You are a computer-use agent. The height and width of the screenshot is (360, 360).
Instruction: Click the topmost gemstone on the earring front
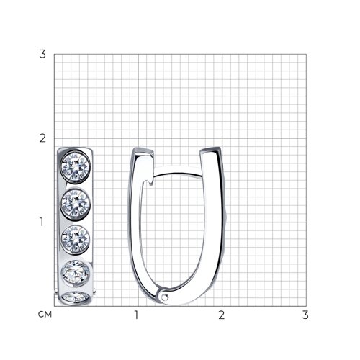76,166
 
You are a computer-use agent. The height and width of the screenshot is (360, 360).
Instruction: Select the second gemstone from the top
76,203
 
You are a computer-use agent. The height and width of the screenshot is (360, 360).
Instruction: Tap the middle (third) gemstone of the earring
76,239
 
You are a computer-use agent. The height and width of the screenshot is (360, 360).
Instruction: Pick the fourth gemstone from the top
76,272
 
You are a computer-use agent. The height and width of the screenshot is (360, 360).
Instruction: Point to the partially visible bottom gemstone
76,297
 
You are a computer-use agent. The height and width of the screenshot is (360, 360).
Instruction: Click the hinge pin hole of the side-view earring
165,297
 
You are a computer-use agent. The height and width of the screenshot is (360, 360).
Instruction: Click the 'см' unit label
45,315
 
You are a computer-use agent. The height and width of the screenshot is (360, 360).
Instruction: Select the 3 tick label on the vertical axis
42,54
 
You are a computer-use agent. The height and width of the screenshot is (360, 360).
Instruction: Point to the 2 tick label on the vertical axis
42,138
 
